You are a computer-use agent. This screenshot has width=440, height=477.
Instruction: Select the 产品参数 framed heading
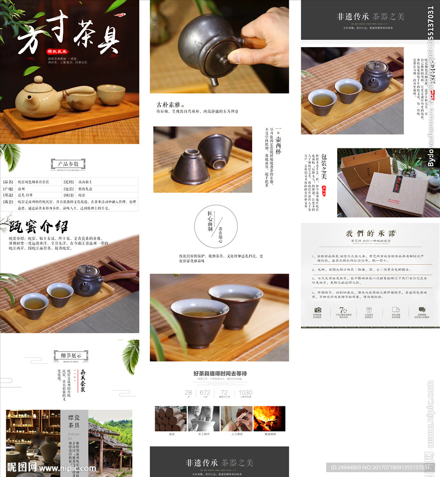click(68, 164)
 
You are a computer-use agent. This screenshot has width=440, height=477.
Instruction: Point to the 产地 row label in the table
click(8, 189)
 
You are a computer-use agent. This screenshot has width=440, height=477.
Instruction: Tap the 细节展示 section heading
click(71, 355)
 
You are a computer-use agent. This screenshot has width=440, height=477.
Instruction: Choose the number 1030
click(245, 392)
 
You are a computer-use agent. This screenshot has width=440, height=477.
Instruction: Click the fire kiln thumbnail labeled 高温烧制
click(269, 418)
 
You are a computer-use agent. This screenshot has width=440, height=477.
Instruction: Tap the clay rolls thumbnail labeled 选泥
click(171, 418)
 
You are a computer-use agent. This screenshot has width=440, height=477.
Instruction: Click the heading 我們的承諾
click(370, 233)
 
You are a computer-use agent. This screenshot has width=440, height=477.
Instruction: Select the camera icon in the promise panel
click(318, 310)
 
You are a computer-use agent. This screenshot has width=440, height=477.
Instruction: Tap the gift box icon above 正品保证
click(369, 310)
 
